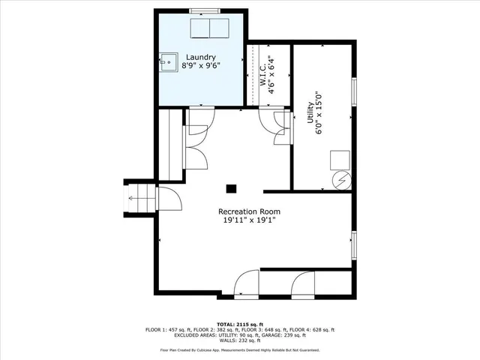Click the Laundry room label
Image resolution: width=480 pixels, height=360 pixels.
click(x=201, y=57)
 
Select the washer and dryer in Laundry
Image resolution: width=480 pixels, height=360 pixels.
click(x=210, y=28)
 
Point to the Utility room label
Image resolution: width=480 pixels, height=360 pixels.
click(x=309, y=118)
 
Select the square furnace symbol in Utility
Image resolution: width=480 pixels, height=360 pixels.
click(x=340, y=160)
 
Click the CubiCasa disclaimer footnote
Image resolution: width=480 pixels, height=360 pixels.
click(x=240, y=350)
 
